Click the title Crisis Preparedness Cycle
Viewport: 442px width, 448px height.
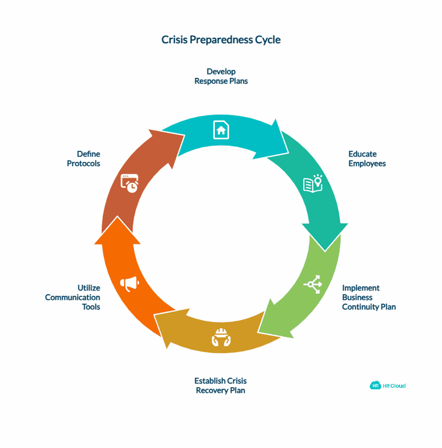(221, 40)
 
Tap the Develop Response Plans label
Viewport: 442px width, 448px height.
(221, 76)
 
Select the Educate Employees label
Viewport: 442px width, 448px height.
(367, 159)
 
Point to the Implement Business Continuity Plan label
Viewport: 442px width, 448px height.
(369, 297)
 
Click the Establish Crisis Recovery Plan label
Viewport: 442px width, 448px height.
(220, 386)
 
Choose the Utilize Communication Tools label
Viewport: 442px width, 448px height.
(73, 297)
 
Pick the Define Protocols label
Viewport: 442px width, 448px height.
(83, 159)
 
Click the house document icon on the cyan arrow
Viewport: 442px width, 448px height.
(221, 130)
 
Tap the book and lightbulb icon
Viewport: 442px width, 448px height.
(313, 183)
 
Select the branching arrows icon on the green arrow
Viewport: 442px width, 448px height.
(313, 284)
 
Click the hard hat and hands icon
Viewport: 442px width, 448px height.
(221, 337)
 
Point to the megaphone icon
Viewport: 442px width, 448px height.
(130, 284)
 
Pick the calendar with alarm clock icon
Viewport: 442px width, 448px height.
(130, 183)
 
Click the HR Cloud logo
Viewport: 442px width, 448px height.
(388, 386)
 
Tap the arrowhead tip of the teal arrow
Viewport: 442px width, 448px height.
(325, 251)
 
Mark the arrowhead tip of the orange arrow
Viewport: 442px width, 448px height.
(117, 216)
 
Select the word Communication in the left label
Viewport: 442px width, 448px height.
(73, 297)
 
